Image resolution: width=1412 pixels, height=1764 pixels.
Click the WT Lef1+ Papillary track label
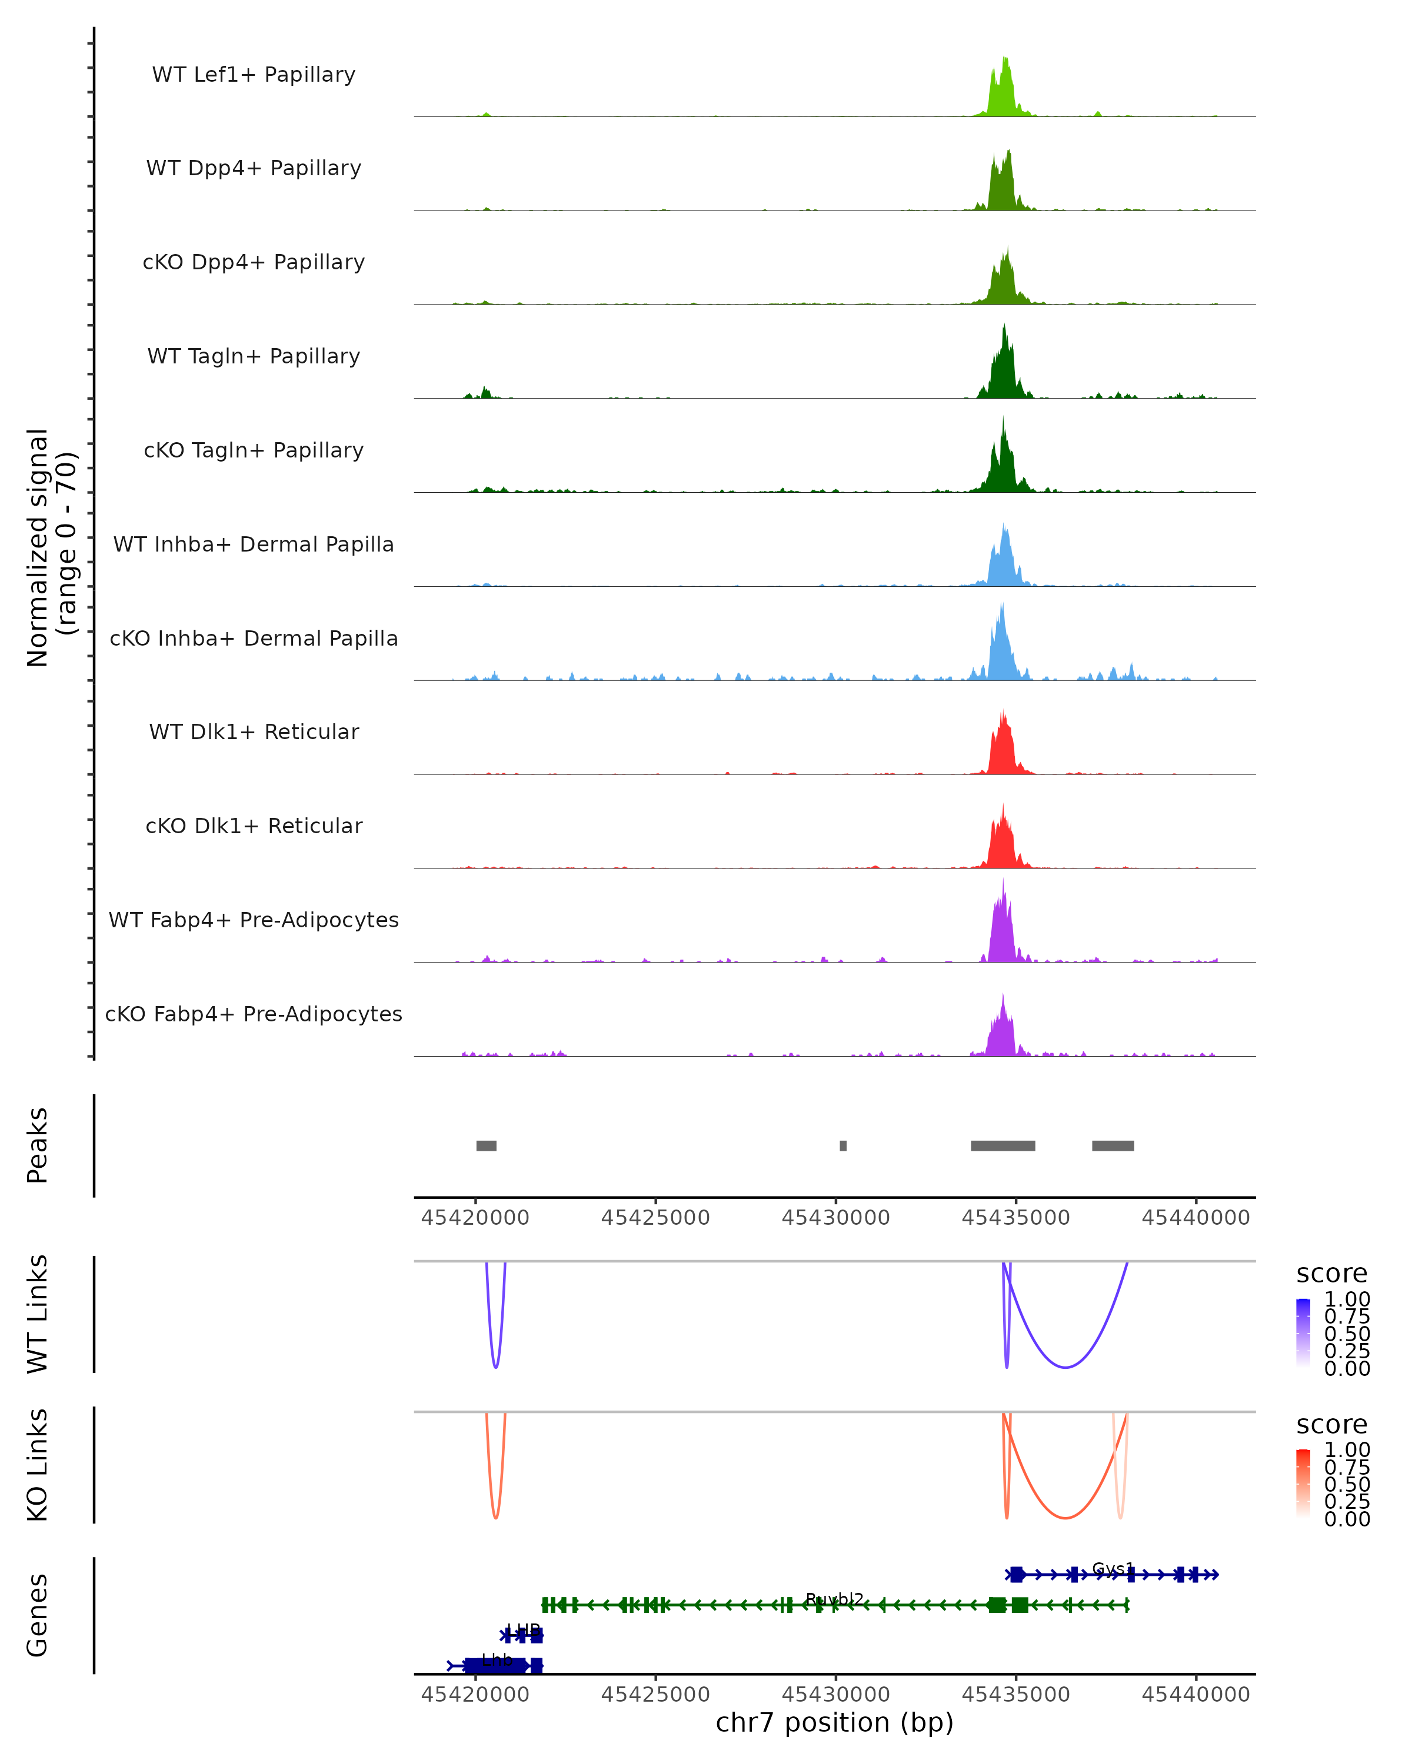click(254, 75)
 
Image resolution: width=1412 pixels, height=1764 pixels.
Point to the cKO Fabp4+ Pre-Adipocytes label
click(254, 1014)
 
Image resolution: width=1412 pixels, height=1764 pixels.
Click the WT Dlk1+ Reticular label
click(254, 731)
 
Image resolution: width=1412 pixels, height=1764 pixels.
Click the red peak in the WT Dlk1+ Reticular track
click(1002, 749)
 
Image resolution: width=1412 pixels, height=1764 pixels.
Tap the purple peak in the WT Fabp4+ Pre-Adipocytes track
click(1002, 933)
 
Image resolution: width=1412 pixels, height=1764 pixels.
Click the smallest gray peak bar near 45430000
click(843, 1145)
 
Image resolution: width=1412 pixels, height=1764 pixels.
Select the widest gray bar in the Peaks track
click(1003, 1145)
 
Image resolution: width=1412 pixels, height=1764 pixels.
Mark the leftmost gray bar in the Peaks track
click(486, 1145)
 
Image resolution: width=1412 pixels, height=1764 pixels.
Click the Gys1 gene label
click(1113, 1568)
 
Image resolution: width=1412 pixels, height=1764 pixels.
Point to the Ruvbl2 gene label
click(834, 1599)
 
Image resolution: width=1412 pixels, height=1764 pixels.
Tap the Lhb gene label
click(497, 1660)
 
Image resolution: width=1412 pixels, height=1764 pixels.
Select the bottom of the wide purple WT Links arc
click(1064, 1367)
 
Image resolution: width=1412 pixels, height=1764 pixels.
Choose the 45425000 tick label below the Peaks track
click(655, 1218)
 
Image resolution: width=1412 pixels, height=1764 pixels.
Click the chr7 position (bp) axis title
click(834, 1722)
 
